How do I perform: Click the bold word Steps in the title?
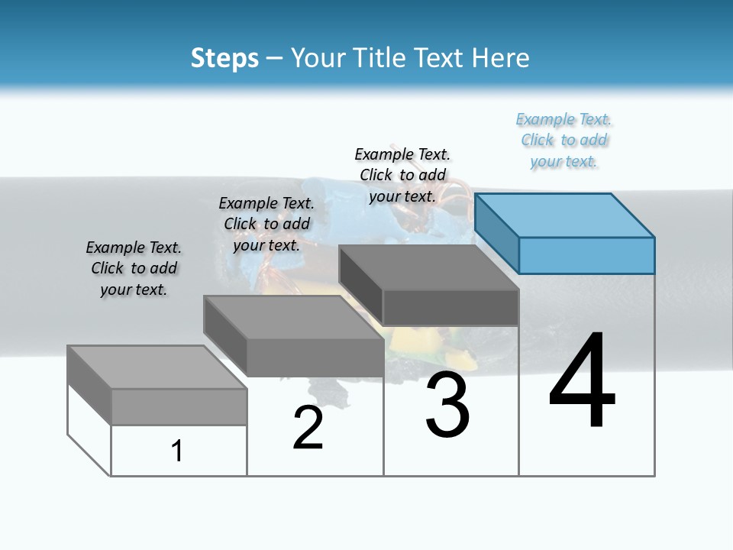[x=224, y=58]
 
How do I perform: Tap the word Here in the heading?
[x=501, y=58]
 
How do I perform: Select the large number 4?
[x=582, y=382]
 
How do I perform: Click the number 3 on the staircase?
[x=447, y=405]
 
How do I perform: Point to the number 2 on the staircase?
[x=308, y=428]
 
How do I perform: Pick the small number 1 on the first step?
[x=177, y=451]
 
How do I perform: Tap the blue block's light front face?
[x=586, y=255]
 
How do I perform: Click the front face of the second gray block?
[x=315, y=357]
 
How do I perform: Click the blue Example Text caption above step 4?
[x=564, y=141]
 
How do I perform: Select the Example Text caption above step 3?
[x=402, y=175]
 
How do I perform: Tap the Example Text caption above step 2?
[x=266, y=224]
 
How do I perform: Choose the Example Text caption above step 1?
[x=134, y=268]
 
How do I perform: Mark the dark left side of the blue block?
[x=496, y=233]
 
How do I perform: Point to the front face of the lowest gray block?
[x=179, y=406]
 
